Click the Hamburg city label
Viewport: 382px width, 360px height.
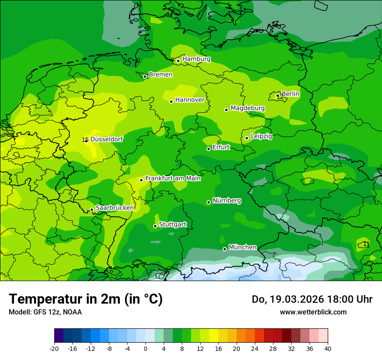click(x=196, y=59)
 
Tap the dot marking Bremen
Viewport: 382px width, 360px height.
click(x=145, y=76)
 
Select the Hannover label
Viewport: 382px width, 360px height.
click(x=190, y=100)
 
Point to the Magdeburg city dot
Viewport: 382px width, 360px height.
click(x=226, y=110)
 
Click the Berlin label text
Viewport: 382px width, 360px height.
click(x=290, y=94)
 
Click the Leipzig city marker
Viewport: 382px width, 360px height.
click(x=247, y=138)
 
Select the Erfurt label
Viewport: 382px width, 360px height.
click(x=221, y=147)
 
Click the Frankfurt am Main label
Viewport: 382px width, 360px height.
click(x=173, y=178)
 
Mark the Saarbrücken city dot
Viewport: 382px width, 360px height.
click(x=92, y=209)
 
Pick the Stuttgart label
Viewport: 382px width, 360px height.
click(x=173, y=224)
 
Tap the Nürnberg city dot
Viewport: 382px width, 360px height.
click(x=208, y=202)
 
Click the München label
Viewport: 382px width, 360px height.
click(x=242, y=247)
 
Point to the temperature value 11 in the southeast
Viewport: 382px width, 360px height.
click(x=366, y=244)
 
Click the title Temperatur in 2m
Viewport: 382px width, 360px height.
click(x=86, y=299)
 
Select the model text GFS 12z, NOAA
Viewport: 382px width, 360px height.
click(x=45, y=312)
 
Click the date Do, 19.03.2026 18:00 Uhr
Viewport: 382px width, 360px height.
click(x=312, y=299)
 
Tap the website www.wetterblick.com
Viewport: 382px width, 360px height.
click(x=313, y=312)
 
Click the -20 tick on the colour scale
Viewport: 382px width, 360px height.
click(x=54, y=348)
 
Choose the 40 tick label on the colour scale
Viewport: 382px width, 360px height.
click(x=327, y=348)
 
